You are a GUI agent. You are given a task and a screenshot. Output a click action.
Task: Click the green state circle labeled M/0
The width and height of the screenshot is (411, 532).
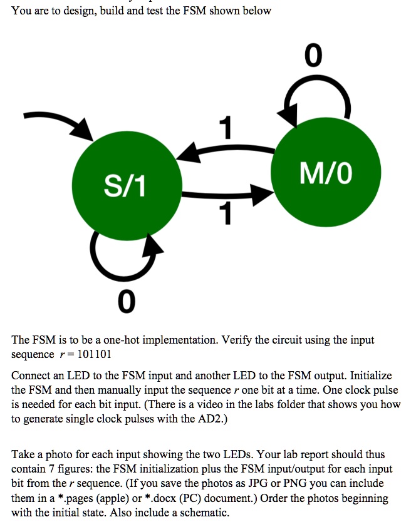click(x=326, y=173)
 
